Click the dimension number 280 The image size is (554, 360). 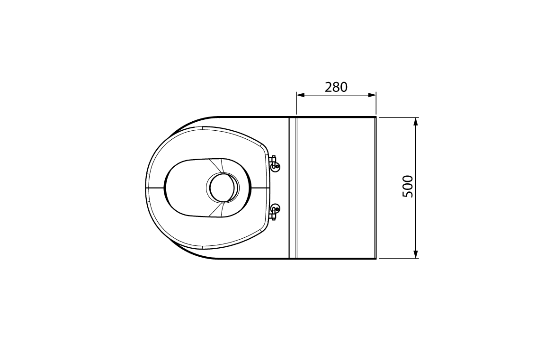pyautogui.click(x=336, y=87)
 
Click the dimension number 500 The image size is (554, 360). pyautogui.click(x=408, y=187)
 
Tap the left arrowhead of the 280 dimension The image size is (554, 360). pyautogui.click(x=300, y=95)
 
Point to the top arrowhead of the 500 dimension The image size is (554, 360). pyautogui.click(x=416, y=122)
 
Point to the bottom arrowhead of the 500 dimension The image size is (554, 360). pyautogui.click(x=416, y=254)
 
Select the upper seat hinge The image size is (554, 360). pyautogui.click(x=274, y=163)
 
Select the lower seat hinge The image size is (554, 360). pyautogui.click(x=274, y=211)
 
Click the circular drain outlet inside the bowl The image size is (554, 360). pyautogui.click(x=223, y=187)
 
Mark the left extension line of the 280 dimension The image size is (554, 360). pyautogui.click(x=296, y=104)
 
